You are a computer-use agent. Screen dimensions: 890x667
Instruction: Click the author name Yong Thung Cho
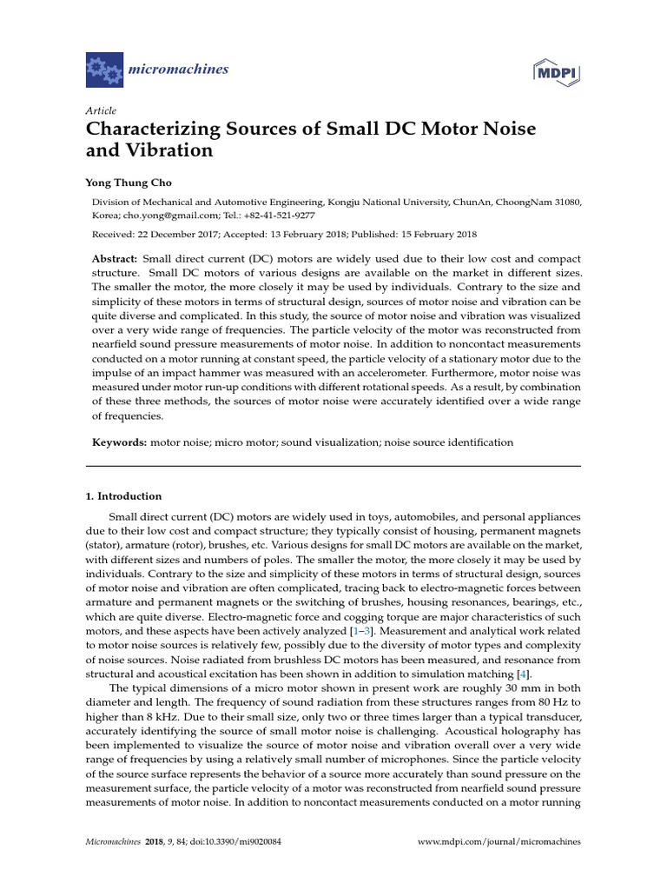[x=129, y=183]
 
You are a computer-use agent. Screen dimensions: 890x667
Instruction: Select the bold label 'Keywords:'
[x=120, y=442]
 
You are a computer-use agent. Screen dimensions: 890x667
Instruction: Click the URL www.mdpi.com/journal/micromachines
[x=499, y=842]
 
